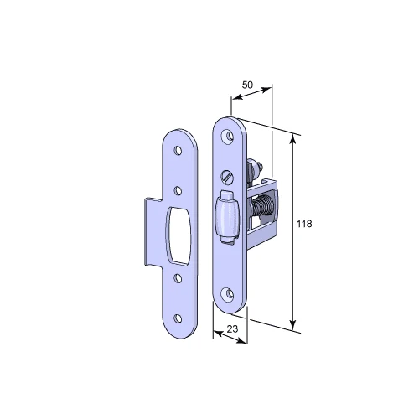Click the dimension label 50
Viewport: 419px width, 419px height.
pos(247,85)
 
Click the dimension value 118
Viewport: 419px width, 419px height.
pos(304,224)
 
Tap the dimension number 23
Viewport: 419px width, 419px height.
pos(232,329)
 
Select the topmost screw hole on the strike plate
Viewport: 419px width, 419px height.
pos(178,151)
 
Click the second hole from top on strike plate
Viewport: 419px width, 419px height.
pos(178,191)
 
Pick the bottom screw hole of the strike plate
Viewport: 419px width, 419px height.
pos(178,318)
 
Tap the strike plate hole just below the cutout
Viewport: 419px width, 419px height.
pos(178,278)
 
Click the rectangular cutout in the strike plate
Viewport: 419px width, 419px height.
pos(178,236)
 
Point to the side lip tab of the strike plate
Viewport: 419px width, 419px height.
pos(153,232)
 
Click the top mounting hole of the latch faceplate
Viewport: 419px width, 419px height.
pos(229,137)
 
